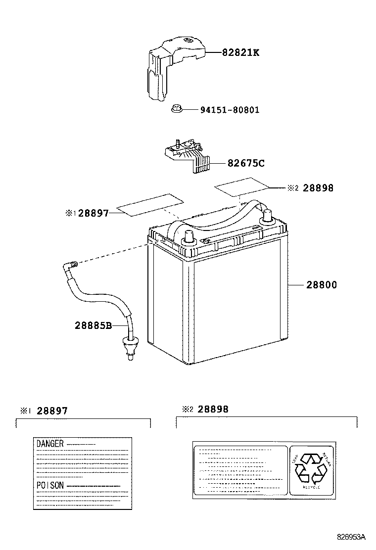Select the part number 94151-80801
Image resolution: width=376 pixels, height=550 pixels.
[x=230, y=110]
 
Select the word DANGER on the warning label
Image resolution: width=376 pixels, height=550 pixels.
[x=50, y=444]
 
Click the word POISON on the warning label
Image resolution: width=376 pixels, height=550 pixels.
[x=50, y=485]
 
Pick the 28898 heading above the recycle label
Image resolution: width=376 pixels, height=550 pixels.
[x=213, y=409]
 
